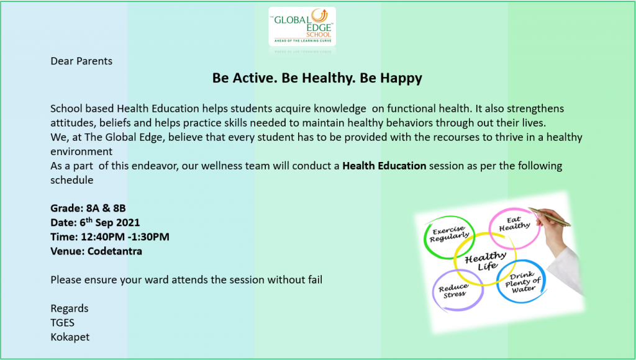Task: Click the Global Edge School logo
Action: click(302, 26)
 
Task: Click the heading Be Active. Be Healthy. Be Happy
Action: click(317, 78)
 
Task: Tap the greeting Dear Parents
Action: click(81, 61)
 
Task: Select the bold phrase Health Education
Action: click(384, 166)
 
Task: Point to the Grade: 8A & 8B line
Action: click(88, 209)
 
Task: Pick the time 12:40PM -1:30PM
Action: click(125, 236)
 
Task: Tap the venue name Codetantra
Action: click(115, 251)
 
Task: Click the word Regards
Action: click(70, 309)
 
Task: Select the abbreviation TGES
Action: click(63, 323)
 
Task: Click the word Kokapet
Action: click(70, 337)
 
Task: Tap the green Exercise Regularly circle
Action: click(425, 237)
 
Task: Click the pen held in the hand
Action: click(550, 217)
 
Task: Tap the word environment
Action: click(81, 151)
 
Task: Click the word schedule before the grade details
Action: click(72, 180)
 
